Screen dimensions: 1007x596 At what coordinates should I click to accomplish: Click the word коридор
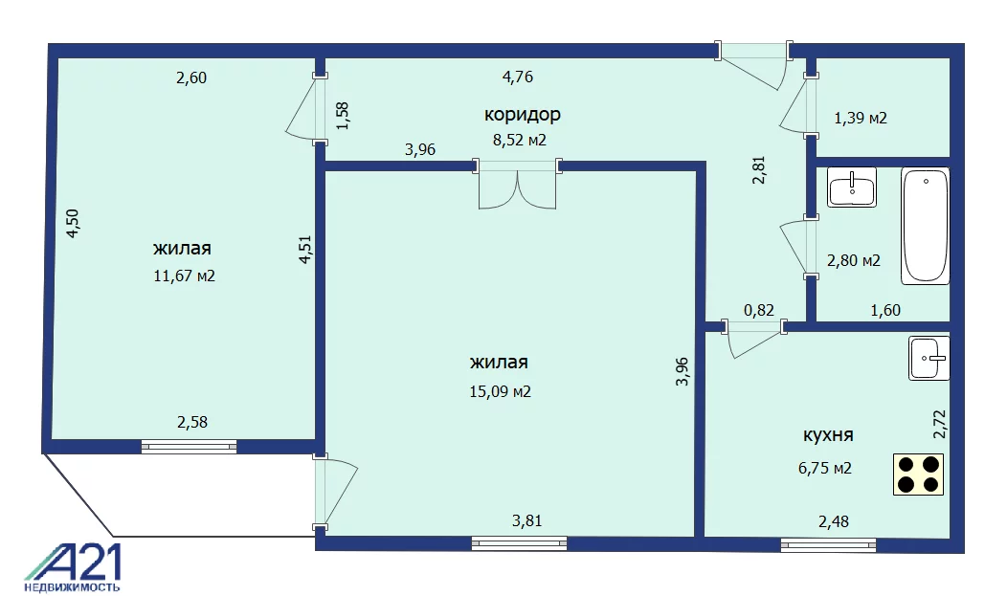pyautogui.click(x=522, y=114)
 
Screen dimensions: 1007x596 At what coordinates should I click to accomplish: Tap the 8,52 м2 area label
pyautogui.click(x=520, y=140)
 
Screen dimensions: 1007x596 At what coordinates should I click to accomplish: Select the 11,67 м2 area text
pyautogui.click(x=185, y=276)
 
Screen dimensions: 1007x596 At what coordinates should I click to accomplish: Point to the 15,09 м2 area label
pyautogui.click(x=501, y=391)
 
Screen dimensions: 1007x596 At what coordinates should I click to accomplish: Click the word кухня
pyautogui.click(x=828, y=435)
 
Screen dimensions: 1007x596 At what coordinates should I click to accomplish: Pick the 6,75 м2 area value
pyautogui.click(x=825, y=469)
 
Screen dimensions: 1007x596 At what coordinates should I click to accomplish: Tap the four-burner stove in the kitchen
pyautogui.click(x=918, y=475)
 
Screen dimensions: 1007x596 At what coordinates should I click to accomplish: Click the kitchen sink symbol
pyautogui.click(x=929, y=358)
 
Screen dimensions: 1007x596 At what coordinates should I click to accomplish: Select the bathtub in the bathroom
pyautogui.click(x=926, y=226)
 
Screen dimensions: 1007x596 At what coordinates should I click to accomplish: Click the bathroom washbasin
pyautogui.click(x=852, y=188)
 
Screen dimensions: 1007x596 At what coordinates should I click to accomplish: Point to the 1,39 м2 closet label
pyautogui.click(x=861, y=118)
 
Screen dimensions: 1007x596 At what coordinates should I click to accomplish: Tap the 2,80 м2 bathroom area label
pyautogui.click(x=854, y=260)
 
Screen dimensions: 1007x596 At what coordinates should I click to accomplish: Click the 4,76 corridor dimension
pyautogui.click(x=518, y=77)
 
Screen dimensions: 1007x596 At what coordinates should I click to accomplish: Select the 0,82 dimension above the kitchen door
pyautogui.click(x=759, y=311)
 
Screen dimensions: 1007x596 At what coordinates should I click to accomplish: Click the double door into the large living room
pyautogui.click(x=518, y=184)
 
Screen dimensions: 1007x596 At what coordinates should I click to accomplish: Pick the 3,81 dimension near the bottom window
pyautogui.click(x=527, y=521)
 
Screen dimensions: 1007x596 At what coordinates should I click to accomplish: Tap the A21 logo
pyautogui.click(x=73, y=568)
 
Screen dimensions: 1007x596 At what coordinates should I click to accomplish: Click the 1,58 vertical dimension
pyautogui.click(x=343, y=116)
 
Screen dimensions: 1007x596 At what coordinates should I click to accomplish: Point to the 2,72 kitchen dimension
pyautogui.click(x=940, y=424)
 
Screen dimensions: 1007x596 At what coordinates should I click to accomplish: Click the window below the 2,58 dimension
pyautogui.click(x=189, y=447)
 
